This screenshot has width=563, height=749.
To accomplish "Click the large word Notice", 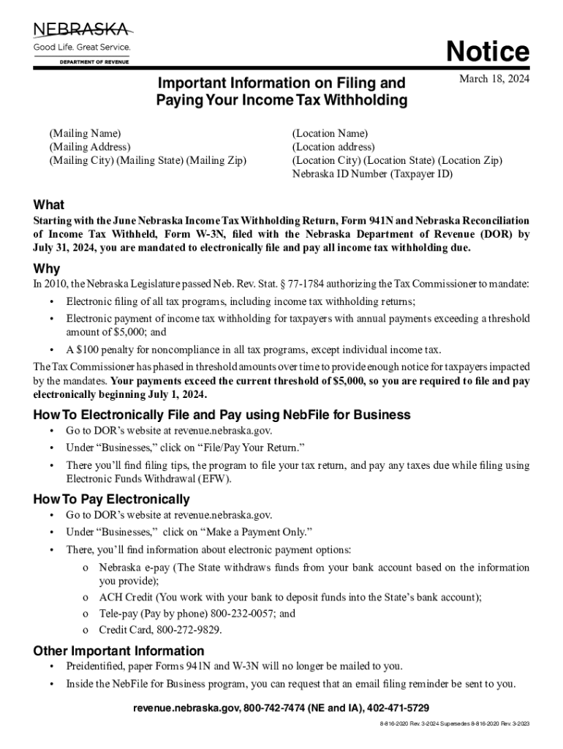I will [x=488, y=52].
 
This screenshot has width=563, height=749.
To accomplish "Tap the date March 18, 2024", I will [x=494, y=79].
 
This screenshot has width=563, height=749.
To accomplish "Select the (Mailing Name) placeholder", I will [x=85, y=133].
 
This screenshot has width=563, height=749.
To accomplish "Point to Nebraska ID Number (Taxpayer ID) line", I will [x=372, y=174].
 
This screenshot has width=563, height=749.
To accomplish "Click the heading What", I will [x=49, y=205].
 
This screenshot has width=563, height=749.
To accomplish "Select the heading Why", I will [x=47, y=268].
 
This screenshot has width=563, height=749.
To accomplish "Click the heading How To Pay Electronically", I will [x=112, y=500].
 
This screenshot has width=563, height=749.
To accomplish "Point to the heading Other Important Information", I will [x=119, y=651].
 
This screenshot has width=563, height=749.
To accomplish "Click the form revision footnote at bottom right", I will [x=450, y=723].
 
